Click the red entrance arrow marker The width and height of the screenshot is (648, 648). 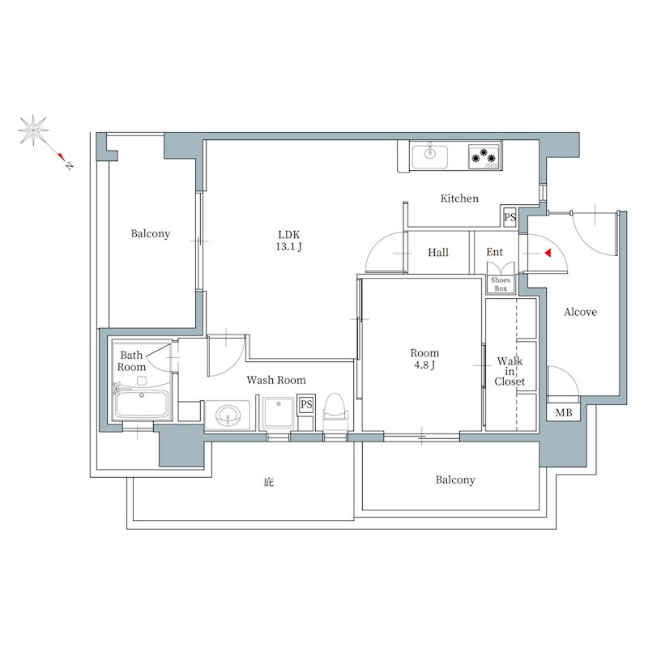coord(548,253)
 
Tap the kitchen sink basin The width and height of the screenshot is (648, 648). coord(430,156)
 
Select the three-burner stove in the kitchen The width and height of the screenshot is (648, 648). coord(484,156)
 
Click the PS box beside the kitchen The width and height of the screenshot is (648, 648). coord(510,217)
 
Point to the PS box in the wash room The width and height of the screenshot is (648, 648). coord(306,404)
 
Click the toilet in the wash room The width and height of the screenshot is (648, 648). coord(335,411)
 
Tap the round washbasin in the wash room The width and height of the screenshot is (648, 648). coord(228,415)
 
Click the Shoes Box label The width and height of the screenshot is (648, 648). coord(501,284)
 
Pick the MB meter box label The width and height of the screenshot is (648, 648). coord(564,412)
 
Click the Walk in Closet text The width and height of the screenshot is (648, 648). coord(509,371)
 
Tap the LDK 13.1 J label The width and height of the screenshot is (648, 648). coord(289,241)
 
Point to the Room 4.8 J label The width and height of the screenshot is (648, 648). coord(424,359)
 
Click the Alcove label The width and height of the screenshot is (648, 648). coord(580,312)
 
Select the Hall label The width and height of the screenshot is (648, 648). coord(438,252)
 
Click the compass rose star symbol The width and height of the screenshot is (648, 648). coord(33,130)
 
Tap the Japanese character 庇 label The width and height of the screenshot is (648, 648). coord(269,482)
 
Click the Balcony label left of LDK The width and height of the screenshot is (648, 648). coord(151,234)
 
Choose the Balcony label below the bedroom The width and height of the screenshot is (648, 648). coord(455,480)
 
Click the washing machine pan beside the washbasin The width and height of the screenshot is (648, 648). coord(279,413)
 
